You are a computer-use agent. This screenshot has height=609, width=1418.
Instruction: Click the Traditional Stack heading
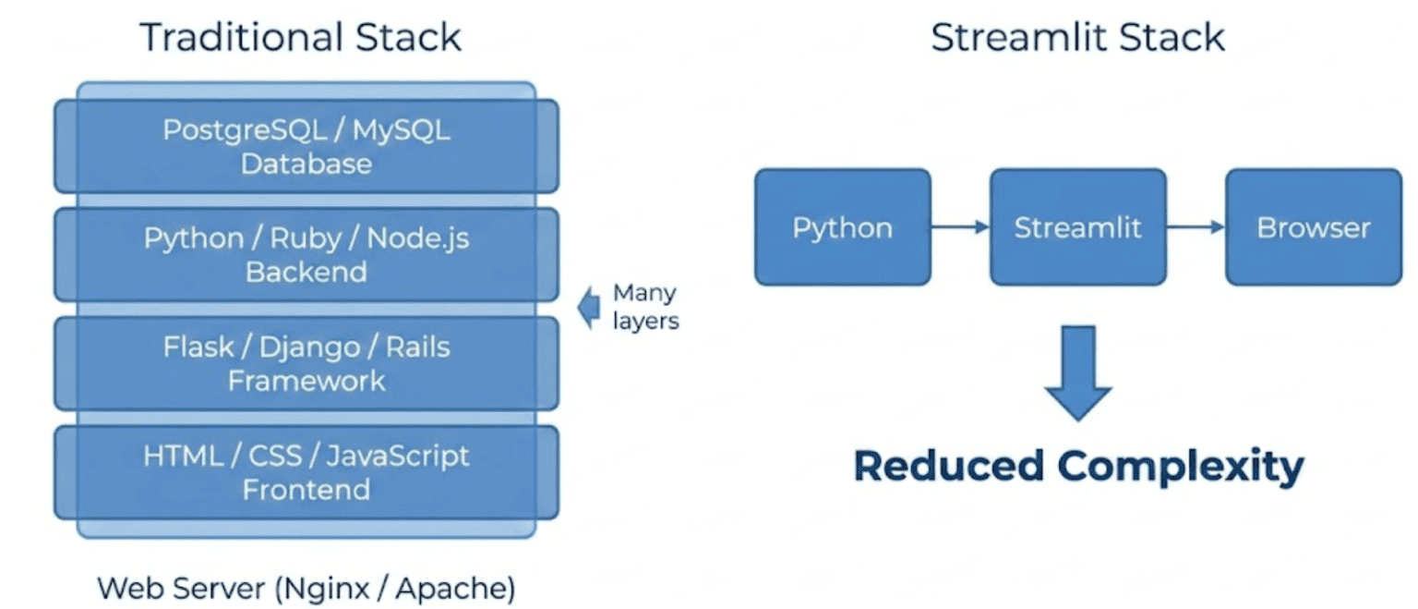coord(301,38)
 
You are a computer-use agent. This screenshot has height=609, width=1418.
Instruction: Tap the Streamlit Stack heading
coord(1077,38)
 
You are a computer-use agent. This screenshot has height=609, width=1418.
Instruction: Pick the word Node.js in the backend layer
coord(418,238)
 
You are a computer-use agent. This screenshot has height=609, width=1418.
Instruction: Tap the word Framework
coord(306,381)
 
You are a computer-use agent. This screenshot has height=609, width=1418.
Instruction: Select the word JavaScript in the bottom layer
coord(398,456)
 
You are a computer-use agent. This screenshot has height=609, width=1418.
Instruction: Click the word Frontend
coord(306,489)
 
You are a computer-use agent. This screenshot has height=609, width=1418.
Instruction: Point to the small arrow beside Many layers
coord(587,308)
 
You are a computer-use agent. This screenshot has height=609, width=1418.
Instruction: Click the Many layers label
coord(645,308)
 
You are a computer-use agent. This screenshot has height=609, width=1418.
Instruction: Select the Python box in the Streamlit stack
coord(842,227)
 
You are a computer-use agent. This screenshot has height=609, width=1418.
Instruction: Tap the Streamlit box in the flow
coord(1077,227)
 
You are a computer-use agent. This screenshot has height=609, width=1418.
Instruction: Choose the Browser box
coord(1313,227)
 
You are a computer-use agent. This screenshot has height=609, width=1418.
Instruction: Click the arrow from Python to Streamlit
coord(960,226)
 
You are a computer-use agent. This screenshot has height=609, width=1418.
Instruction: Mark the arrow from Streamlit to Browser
coord(1195,226)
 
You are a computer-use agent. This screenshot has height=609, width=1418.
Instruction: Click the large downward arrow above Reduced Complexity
coord(1077,371)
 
